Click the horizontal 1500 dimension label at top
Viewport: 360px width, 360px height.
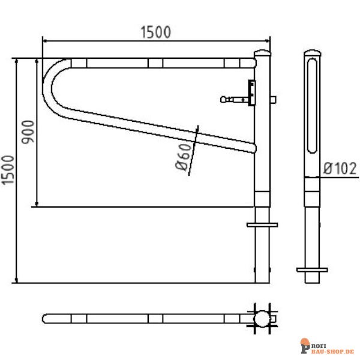pos(155,32)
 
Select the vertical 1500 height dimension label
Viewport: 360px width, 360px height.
pos(7,170)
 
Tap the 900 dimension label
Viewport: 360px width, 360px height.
pos(28,132)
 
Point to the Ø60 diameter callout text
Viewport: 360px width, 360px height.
pos(183,157)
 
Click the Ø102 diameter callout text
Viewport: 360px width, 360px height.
pos(340,168)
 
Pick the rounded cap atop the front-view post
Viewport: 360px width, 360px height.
pos(262,53)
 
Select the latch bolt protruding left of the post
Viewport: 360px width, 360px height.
pos(235,100)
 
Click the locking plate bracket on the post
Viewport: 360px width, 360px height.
pos(252,93)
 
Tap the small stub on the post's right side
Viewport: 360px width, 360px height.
pos(273,100)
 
